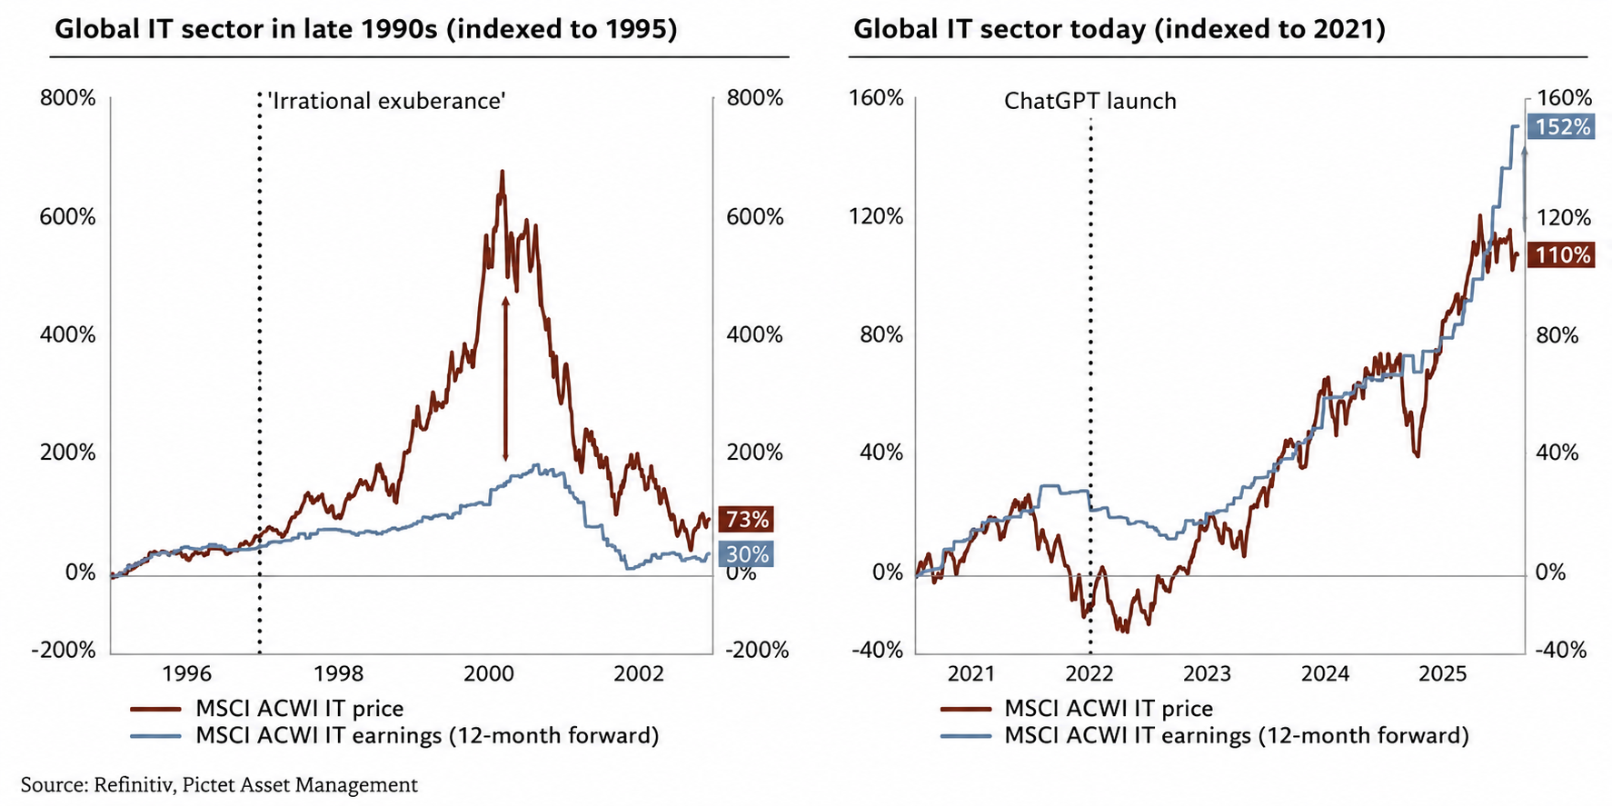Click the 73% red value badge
[x=746, y=519]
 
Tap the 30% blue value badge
[x=746, y=554]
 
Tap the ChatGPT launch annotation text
[x=1090, y=101]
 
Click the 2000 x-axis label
[x=489, y=673]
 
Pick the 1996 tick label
[x=186, y=673]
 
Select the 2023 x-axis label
[x=1207, y=673]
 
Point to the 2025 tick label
[x=1443, y=673]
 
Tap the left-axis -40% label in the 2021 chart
[x=877, y=650]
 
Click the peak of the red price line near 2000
[x=501, y=171]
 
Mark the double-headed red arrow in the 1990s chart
[x=505, y=379]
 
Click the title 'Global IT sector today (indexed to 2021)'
[x=1119, y=30]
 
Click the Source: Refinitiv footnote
[x=219, y=784]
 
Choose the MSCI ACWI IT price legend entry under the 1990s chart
[x=266, y=708]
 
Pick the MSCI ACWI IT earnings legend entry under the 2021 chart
[x=1204, y=735]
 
